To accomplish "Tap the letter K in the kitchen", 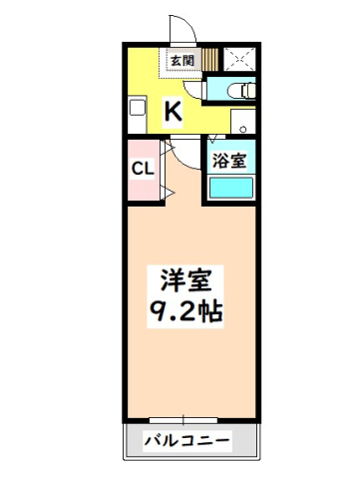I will [x=173, y=111].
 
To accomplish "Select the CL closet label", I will [x=142, y=167].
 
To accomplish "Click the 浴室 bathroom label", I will [x=230, y=160].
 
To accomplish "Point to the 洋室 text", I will [x=187, y=278].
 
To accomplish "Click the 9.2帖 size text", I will [x=187, y=311].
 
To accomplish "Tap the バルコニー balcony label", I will [x=186, y=440].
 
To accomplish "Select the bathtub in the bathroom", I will [x=230, y=186].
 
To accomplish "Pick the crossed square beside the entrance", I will [x=238, y=57].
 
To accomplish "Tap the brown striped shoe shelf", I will [x=209, y=59].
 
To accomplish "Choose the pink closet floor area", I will [x=142, y=185].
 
